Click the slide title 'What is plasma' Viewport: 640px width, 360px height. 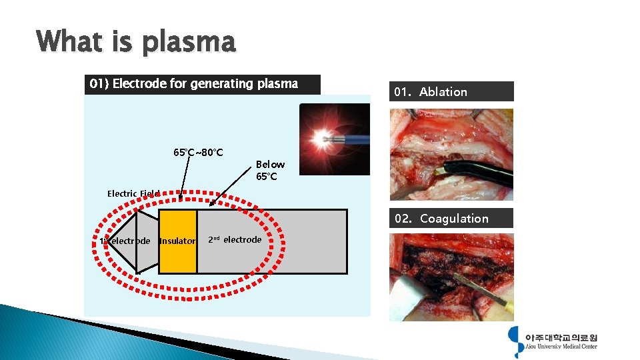pyautogui.click(x=136, y=42)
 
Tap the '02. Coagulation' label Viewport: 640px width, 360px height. pyautogui.click(x=451, y=219)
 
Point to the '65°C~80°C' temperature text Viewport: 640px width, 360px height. pyautogui.click(x=198, y=152)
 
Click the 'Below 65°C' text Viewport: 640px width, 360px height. pyautogui.click(x=270, y=171)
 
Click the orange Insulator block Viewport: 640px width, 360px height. pyautogui.click(x=177, y=241)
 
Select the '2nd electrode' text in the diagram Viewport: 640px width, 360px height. pyautogui.click(x=235, y=239)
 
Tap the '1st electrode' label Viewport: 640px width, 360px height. pyautogui.click(x=125, y=241)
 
